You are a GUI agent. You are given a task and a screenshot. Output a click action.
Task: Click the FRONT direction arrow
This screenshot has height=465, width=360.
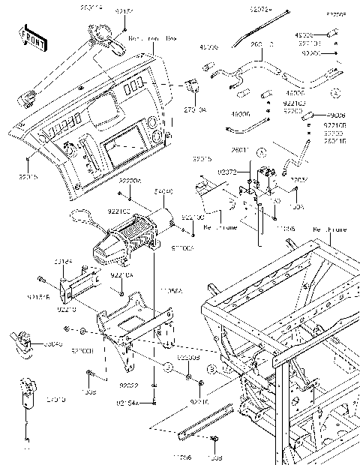coord(28,37)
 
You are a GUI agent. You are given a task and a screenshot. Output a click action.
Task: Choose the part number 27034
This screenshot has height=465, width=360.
coord(299,180)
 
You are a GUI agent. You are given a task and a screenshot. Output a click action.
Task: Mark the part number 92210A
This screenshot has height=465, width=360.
coord(121,276)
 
